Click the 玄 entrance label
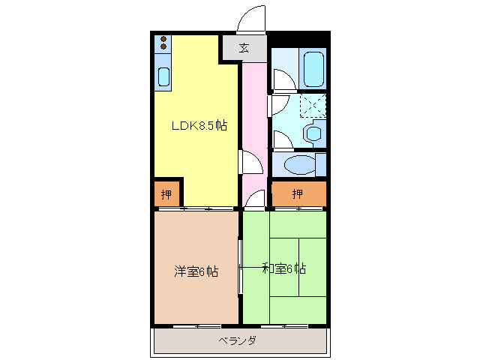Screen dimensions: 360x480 pyautogui.click(x=244, y=48)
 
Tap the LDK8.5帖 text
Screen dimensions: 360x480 pyautogui.click(x=198, y=127)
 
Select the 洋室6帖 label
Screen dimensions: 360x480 pyautogui.click(x=196, y=271)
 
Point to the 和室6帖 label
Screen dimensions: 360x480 pyautogui.click(x=283, y=268)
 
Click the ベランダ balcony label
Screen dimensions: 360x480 pyautogui.click(x=238, y=341)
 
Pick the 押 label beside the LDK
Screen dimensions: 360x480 pyautogui.click(x=166, y=194)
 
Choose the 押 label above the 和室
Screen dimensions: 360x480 pyautogui.click(x=298, y=194)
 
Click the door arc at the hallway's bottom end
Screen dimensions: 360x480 pyautogui.click(x=255, y=199)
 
